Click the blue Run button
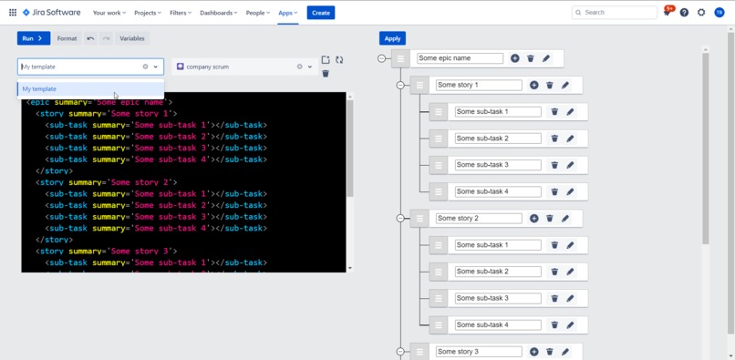click(34, 38)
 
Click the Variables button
click(132, 38)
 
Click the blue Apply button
click(392, 38)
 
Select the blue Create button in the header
click(320, 13)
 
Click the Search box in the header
click(615, 13)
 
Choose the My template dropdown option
click(39, 89)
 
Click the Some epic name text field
click(460, 58)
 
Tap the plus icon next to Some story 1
click(534, 85)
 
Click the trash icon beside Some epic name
click(531, 58)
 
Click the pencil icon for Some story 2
click(565, 219)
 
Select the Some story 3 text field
click(479, 351)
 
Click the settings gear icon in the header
click(701, 13)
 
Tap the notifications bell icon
click(668, 13)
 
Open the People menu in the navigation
click(259, 13)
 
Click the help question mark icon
click(684, 13)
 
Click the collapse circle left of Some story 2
click(400, 219)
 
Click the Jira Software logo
click(51, 13)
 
